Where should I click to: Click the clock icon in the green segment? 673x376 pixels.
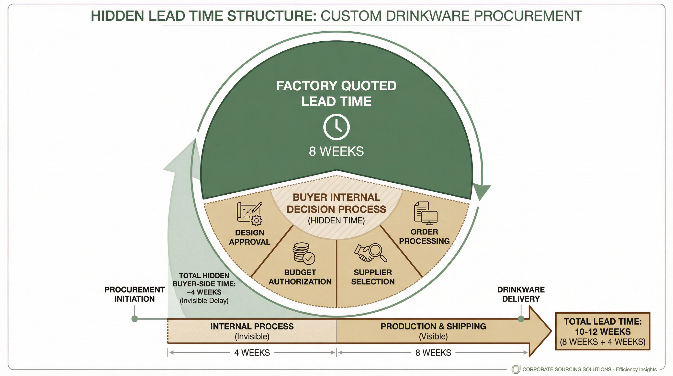coord(336,127)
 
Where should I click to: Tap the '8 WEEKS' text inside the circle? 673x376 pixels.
coord(336,151)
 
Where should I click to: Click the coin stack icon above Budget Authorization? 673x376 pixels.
coord(303,254)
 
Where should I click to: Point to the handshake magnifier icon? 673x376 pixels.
coord(370,253)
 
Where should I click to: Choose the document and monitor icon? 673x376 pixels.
coord(426,213)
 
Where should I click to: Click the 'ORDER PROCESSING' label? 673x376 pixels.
coord(424,236)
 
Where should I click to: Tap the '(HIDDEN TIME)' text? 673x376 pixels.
coord(336,220)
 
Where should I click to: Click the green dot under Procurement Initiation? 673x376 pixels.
coord(135,319)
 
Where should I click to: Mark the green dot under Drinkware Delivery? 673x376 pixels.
coord(521,319)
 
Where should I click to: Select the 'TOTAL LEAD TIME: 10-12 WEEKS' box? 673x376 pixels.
coord(603,331)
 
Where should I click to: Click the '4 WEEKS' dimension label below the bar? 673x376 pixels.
coord(252,352)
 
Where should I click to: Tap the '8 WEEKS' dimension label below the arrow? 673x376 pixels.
coord(433,352)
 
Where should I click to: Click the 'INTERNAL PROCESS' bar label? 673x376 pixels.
coord(252,326)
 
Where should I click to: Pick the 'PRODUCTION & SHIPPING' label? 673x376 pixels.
coord(433,326)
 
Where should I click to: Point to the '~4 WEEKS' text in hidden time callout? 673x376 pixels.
coord(204,292)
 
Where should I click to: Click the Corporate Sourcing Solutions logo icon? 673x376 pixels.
coord(516,369)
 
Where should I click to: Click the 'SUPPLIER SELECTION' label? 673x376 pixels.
coord(372,277)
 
